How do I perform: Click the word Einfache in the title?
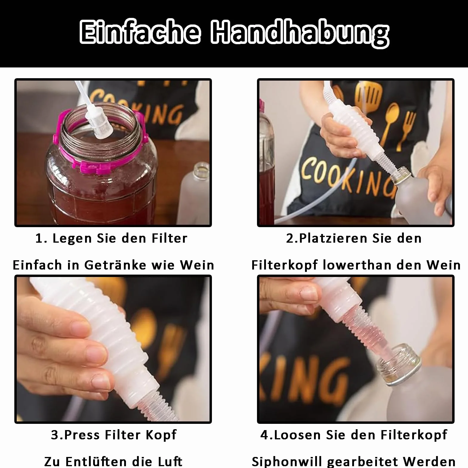pos(140,32)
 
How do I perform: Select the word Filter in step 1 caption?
pos(169,238)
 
